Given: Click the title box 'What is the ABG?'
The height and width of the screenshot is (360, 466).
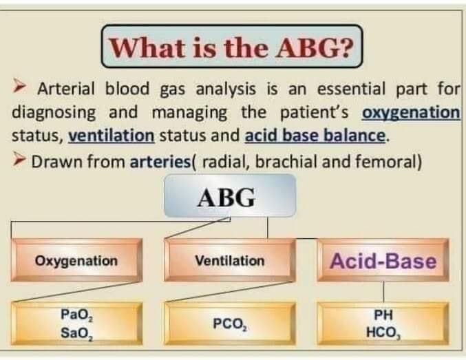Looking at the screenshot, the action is (x=232, y=46).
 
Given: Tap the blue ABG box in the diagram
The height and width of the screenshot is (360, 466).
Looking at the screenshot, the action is (x=230, y=195).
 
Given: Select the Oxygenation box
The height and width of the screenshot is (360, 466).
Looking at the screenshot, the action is (x=76, y=260).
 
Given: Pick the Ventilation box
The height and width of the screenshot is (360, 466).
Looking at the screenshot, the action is (x=230, y=260).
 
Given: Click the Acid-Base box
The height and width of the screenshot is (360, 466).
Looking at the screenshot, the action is (x=383, y=260).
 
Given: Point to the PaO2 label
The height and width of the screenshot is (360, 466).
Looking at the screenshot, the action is (x=76, y=314).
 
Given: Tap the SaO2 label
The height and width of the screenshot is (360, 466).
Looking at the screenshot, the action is (x=76, y=333).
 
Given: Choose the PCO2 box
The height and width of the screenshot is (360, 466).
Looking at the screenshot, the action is (x=230, y=324).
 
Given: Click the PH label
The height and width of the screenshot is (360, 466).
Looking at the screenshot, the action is (x=383, y=315).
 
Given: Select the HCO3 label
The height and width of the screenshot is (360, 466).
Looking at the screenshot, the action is (x=383, y=332).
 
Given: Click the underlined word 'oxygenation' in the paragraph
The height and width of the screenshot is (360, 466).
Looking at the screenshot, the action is (x=411, y=113).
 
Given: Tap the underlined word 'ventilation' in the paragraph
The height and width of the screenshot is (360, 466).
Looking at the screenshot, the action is (x=112, y=136).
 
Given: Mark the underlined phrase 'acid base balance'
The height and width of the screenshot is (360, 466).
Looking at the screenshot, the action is (x=315, y=136).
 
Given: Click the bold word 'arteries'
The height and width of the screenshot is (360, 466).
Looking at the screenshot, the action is (x=160, y=162).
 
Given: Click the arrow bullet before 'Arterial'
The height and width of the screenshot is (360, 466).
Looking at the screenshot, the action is (x=19, y=87).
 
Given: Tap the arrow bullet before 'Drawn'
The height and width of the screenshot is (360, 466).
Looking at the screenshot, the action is (x=19, y=160).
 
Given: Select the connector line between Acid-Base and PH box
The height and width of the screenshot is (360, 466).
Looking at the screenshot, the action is (x=383, y=292).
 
